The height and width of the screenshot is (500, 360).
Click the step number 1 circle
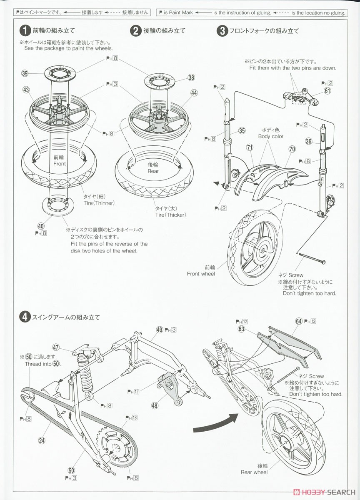point(25,30)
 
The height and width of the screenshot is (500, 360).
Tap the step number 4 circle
point(25,317)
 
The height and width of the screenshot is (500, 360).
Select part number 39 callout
point(25,74)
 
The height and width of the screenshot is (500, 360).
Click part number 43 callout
point(26,90)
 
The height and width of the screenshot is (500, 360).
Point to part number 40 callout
point(40,226)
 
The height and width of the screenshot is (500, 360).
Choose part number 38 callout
point(191,77)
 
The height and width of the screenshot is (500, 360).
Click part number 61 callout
point(327,91)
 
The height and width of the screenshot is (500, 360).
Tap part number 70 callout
point(292,149)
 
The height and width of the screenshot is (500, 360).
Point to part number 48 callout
point(155,405)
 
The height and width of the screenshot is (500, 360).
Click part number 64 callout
point(299,321)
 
